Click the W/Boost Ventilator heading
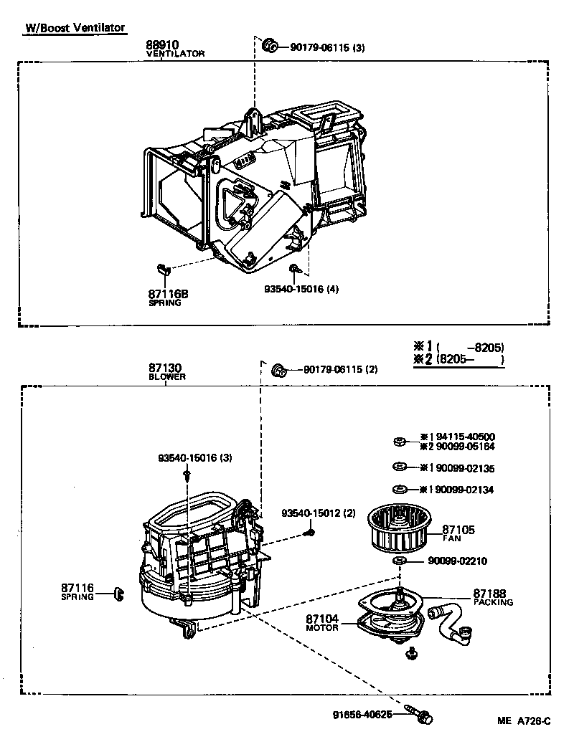pyautogui.click(x=75, y=28)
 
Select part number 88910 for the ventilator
pyautogui.click(x=163, y=45)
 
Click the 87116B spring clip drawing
pyautogui.click(x=161, y=269)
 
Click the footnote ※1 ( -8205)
pyautogui.click(x=459, y=347)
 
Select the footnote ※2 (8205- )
pyautogui.click(x=459, y=359)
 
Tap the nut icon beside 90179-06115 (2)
pyautogui.click(x=280, y=370)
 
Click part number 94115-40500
pyautogui.click(x=462, y=437)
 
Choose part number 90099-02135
pyautogui.click(x=462, y=468)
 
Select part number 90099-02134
pyautogui.click(x=462, y=490)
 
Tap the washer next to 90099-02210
pyautogui.click(x=400, y=560)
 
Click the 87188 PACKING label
pyautogui.click(x=492, y=597)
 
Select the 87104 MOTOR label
pyautogui.click(x=321, y=622)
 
